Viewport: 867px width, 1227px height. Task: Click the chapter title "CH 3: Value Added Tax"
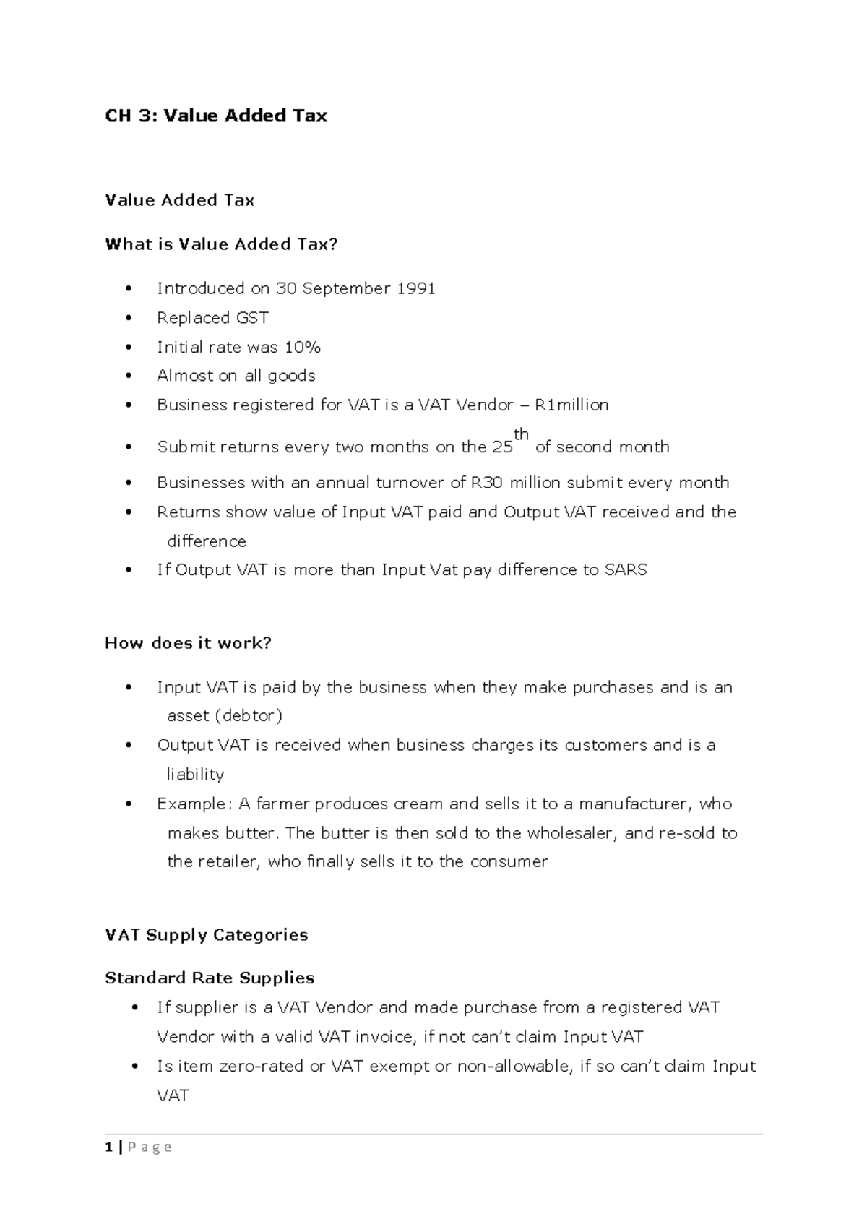[216, 116]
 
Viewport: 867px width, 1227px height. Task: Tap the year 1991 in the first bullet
[415, 289]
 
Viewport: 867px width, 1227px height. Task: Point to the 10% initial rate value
[302, 348]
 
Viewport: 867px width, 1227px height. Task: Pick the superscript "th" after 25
[521, 435]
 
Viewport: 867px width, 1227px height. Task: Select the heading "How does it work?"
[188, 643]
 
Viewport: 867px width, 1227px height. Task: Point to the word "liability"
[195, 775]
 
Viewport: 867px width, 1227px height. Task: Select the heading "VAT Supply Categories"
[207, 935]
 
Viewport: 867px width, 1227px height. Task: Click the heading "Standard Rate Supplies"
[210, 978]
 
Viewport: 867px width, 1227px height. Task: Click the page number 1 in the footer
[108, 1147]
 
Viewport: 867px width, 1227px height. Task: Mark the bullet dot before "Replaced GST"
[129, 318]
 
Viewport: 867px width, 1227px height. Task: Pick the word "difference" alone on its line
[207, 542]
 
